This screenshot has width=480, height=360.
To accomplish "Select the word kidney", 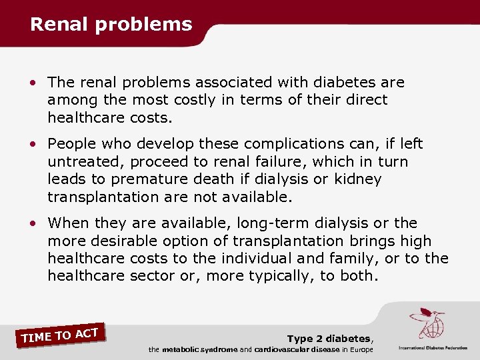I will [357, 179].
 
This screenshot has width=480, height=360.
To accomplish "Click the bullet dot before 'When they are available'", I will [33, 223].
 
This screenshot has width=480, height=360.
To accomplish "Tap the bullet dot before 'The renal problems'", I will [33, 83].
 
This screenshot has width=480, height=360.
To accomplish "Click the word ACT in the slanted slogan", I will [87, 331].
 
